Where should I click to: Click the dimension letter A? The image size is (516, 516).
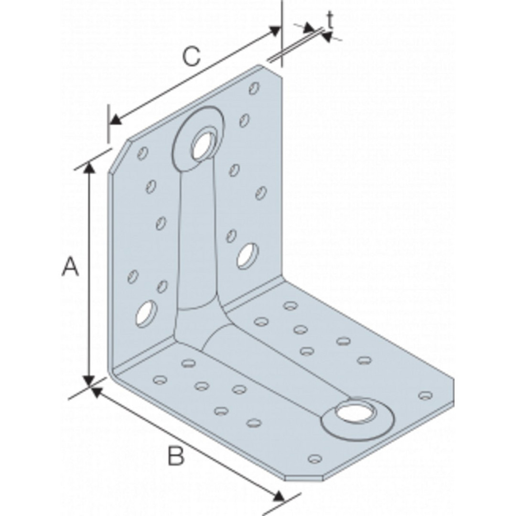point(70,267)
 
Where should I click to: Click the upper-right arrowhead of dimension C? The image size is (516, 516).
point(274,31)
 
